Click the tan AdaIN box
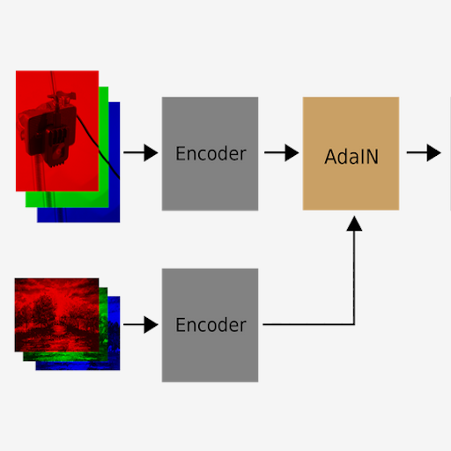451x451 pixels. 351,153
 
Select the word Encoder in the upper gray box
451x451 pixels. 211,153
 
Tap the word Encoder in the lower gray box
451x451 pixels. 211,325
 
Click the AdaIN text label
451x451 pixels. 351,157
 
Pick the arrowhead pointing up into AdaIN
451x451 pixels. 354,224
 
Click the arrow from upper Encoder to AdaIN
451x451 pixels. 282,152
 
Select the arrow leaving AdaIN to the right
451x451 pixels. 424,152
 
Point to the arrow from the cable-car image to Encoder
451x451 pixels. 141,152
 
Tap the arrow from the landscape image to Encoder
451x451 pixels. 141,325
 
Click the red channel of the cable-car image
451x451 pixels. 57,131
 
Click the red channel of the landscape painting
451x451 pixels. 56,314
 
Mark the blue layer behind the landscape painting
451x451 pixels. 114,332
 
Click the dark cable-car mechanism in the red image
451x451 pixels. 48,130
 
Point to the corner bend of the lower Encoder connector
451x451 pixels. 354,324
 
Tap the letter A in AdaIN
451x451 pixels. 330,157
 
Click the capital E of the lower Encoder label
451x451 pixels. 181,325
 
